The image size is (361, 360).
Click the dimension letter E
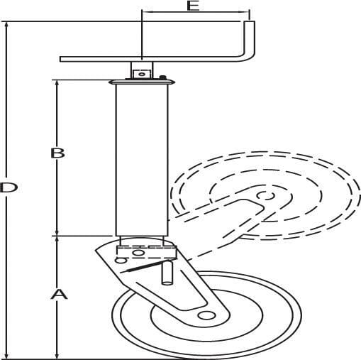point(193,6)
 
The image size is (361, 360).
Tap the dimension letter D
point(9,187)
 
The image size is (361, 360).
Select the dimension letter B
point(57,153)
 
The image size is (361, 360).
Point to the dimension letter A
point(59,294)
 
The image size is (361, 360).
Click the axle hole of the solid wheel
point(207,315)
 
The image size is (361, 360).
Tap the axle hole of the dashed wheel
point(266,196)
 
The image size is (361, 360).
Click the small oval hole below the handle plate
point(141,74)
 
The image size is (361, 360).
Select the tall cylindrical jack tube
point(142,160)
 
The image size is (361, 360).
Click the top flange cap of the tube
point(142,82)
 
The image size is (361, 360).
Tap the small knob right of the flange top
point(162,77)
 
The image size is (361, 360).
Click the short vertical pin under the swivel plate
point(167,272)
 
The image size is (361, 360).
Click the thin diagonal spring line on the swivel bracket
point(144,266)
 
